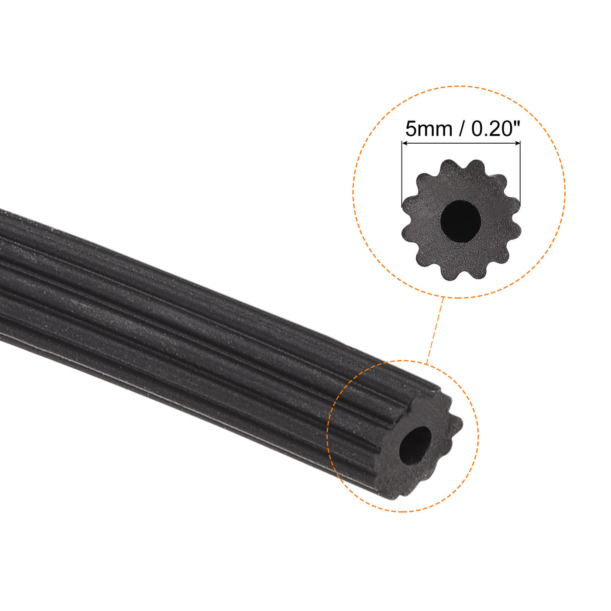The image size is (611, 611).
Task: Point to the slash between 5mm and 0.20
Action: click(462, 129)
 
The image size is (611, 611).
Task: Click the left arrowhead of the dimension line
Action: click(405, 143)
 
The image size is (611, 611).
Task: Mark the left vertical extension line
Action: click(402, 175)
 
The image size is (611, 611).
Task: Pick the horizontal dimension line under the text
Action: click(461, 143)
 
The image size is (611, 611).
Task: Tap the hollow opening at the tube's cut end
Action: click(415, 446)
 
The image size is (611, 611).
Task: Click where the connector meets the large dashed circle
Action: click(443, 297)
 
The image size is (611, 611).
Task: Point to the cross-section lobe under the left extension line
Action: click(408, 205)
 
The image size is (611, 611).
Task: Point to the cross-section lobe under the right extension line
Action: click(515, 206)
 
